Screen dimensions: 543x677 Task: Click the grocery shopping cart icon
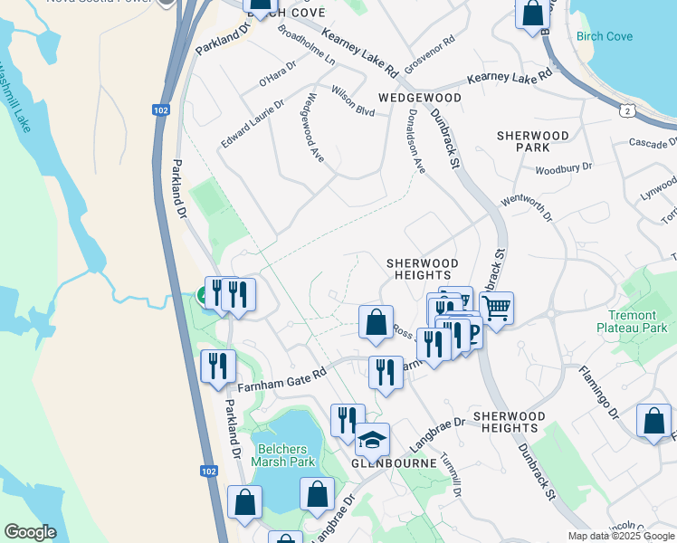496,309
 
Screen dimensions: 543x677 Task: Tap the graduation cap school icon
372,440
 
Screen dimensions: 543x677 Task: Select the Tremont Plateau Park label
632,321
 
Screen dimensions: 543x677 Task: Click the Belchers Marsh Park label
283,455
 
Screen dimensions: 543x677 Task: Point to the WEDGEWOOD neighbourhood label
420,98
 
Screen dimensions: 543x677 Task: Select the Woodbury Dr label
563,168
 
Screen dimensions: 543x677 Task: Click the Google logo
29,532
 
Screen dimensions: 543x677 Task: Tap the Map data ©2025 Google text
621,536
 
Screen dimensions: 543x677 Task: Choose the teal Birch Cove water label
605,37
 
